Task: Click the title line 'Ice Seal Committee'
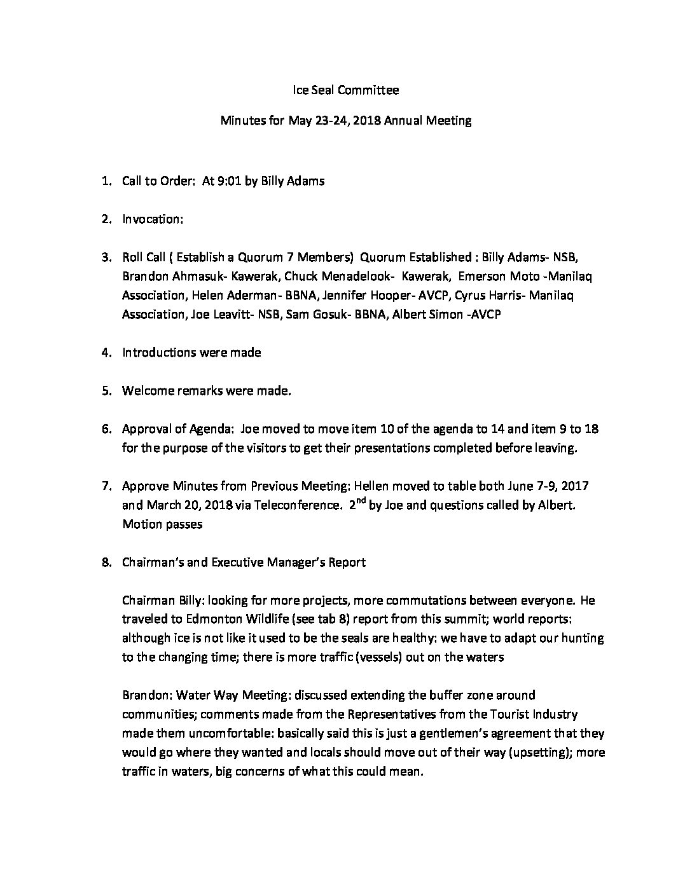coord(345,90)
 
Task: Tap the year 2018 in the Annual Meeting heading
coord(366,121)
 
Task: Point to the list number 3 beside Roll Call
coord(106,257)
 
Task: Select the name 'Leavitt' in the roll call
coord(232,315)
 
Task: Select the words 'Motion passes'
coord(162,525)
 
